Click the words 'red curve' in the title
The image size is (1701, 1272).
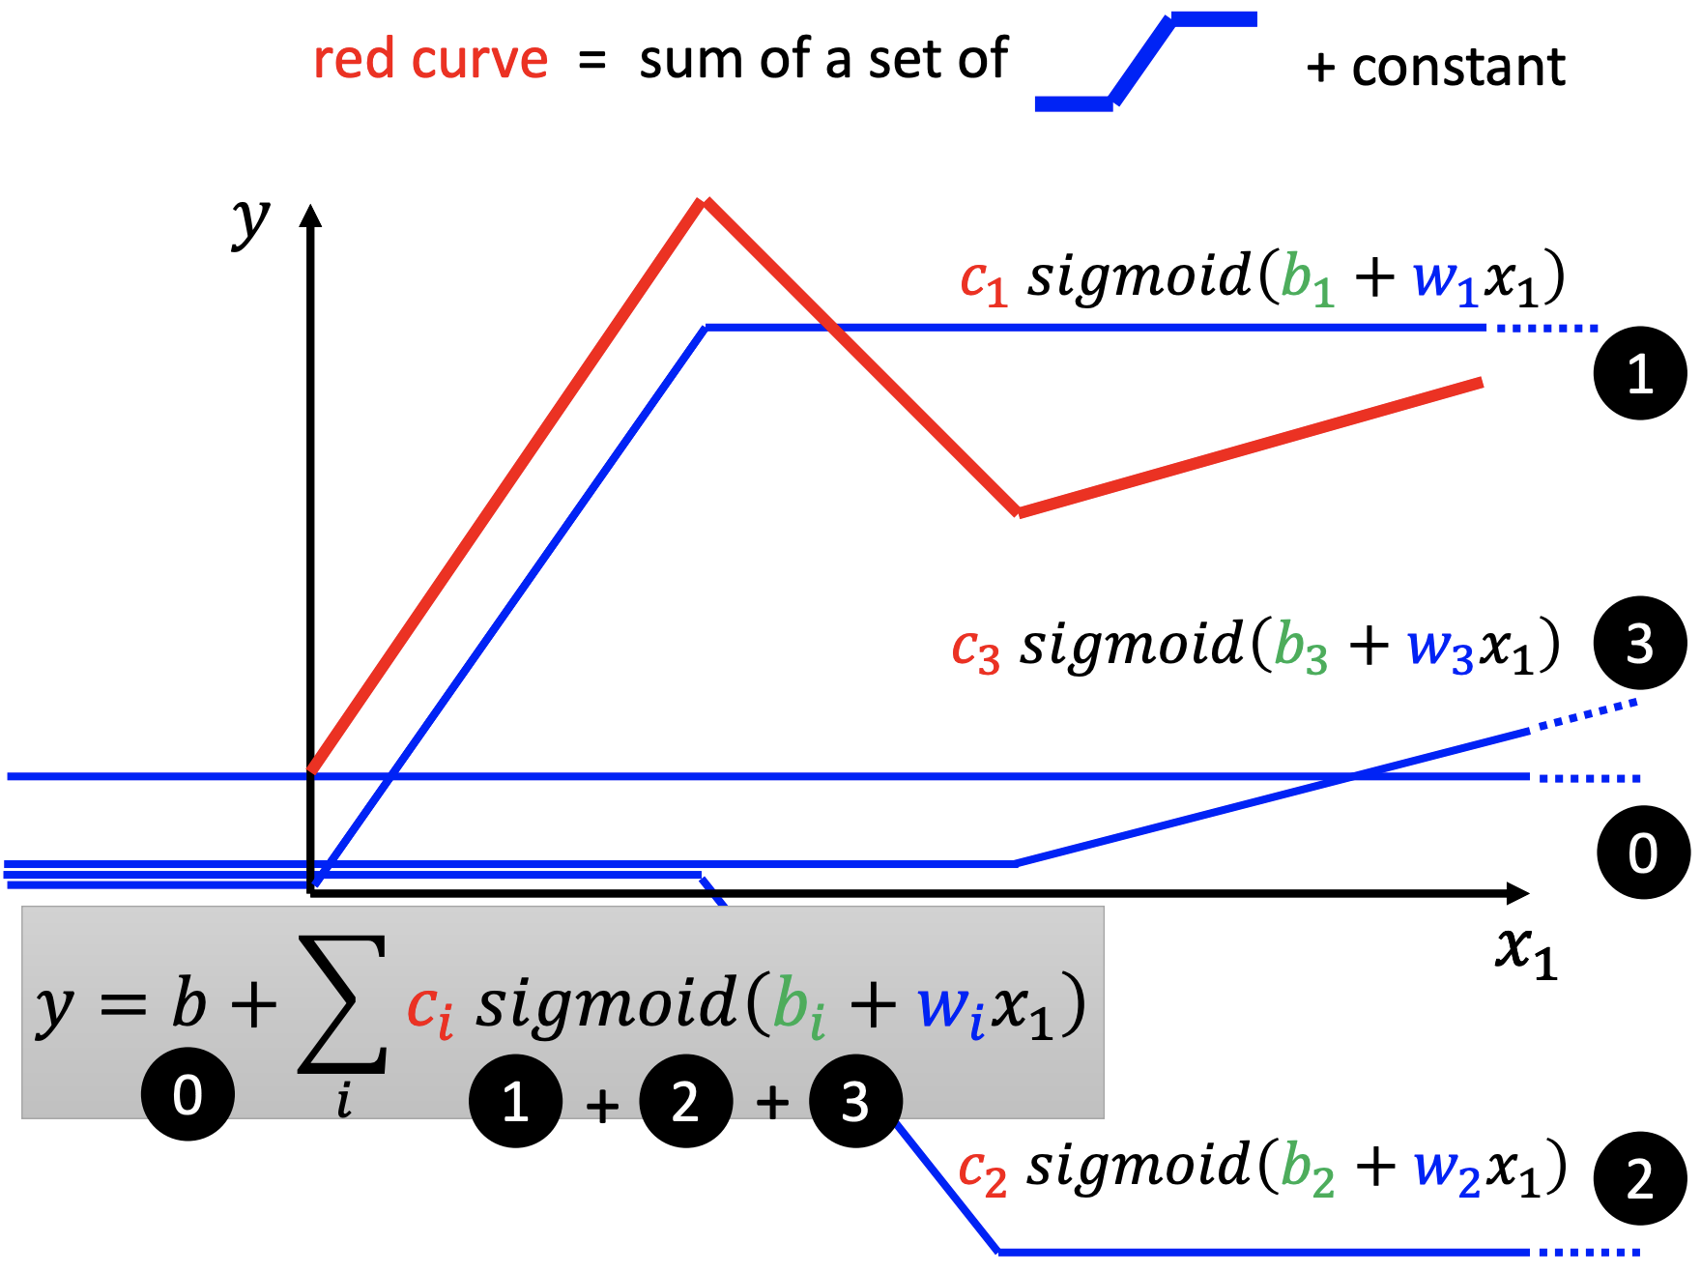tap(431, 60)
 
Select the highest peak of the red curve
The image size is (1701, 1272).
tap(704, 202)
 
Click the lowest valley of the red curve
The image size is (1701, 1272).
tap(1018, 511)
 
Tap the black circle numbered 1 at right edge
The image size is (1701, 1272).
tap(1639, 373)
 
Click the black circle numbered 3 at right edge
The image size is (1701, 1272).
tap(1639, 643)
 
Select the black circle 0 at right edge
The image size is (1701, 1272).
tap(1642, 853)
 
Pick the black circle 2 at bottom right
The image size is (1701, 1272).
tap(1639, 1178)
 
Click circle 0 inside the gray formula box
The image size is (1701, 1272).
tap(187, 1094)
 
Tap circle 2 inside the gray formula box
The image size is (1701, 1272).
tap(685, 1101)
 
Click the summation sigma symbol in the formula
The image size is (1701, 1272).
tap(342, 1005)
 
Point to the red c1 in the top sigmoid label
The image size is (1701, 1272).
tap(983, 281)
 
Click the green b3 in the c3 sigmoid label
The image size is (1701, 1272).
tap(1301, 647)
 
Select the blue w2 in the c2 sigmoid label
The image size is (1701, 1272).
tap(1446, 1171)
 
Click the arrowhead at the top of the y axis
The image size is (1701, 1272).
tap(310, 215)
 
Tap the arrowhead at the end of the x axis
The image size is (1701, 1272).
tap(1517, 893)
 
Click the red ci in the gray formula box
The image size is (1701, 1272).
tap(429, 1010)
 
